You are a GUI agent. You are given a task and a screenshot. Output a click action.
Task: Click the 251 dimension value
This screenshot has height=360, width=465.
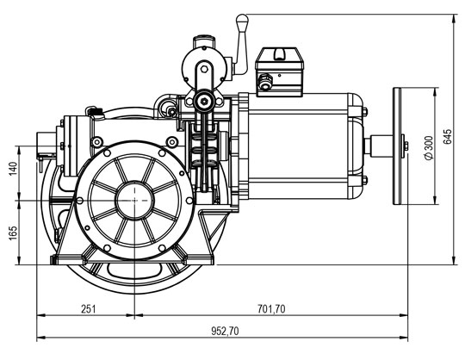point(89,309)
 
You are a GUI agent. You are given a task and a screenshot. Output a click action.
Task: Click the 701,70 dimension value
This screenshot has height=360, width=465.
point(271,309)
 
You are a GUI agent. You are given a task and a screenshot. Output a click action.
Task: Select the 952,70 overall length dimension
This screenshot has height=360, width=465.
point(225,331)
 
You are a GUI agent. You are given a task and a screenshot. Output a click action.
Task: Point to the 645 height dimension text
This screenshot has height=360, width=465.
point(448,136)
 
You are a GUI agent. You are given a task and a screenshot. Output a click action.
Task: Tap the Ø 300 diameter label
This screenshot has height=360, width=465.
point(429,147)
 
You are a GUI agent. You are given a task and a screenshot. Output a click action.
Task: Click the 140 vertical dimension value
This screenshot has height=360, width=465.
point(13,169)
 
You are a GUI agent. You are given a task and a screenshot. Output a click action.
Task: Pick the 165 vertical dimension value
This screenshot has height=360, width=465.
point(13,233)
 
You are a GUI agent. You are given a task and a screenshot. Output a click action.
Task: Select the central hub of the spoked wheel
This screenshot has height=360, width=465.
point(134,201)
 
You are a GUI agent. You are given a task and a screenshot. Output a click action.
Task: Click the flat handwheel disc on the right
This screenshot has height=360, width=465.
point(397,146)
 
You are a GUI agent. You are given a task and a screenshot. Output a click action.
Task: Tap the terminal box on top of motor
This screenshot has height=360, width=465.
point(279,72)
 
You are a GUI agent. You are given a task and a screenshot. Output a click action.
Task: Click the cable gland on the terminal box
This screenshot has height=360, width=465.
point(265,81)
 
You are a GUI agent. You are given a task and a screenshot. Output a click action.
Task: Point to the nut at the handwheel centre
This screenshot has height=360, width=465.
point(406,146)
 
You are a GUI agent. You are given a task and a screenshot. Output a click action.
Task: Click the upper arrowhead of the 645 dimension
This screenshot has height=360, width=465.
point(454,18)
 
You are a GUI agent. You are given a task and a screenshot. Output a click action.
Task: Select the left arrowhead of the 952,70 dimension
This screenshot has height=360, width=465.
point(41,337)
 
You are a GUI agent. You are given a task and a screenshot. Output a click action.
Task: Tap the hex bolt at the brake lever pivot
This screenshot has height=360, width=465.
point(204,101)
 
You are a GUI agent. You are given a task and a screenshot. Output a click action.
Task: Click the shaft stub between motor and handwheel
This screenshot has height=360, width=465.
point(381,146)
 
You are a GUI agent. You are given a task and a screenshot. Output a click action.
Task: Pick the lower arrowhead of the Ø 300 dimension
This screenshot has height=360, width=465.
point(435,200)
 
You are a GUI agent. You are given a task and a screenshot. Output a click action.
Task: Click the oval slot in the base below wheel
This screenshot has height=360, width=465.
point(134,270)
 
